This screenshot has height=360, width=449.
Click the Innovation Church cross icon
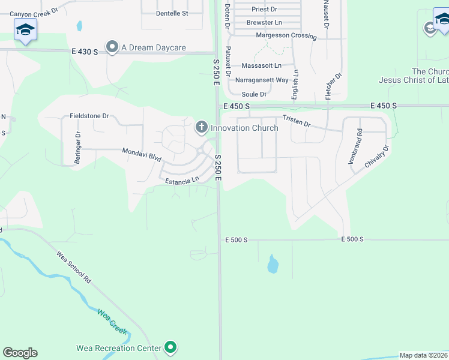pos(201,127)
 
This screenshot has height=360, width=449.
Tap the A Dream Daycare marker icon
pos(112,47)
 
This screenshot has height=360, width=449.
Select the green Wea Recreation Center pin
pos(171,347)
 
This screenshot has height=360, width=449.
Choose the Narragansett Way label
pos(262,80)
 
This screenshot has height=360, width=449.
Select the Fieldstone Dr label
pos(89,116)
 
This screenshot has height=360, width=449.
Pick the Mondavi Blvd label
pos(142,155)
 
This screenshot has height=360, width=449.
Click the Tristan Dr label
pos(297,122)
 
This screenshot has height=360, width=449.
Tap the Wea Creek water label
pos(112,322)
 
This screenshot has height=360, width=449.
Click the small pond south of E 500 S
pos(273,263)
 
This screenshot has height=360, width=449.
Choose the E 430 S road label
pos(84,52)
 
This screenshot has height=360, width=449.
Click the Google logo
pos(20,353)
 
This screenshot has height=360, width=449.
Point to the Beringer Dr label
pos(78,144)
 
